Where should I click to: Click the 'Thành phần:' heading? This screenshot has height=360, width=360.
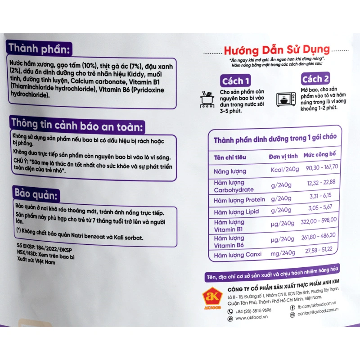coord(39,49)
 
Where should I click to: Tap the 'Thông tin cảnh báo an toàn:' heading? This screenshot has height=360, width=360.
coord(77,126)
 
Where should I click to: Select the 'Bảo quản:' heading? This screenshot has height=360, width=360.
coord(36,194)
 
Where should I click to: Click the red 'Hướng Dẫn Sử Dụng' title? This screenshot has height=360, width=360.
coord(277,50)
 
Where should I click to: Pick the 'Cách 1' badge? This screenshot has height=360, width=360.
coord(235,81)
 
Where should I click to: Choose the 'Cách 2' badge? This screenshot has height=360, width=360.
coord(315,79)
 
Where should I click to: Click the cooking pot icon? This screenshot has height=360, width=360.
coord(207,99)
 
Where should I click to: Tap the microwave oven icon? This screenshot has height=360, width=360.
coord(286,99)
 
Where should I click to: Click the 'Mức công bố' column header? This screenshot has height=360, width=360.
coord(319,154)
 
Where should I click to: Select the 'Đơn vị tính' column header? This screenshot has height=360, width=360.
coord(283,156)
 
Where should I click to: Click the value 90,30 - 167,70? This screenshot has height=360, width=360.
coord(322,167)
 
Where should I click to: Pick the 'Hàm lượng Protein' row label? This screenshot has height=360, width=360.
coord(239,200)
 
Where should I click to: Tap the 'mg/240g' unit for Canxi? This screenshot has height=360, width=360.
coord(283,253)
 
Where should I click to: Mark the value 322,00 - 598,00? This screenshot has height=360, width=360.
coord(319,221)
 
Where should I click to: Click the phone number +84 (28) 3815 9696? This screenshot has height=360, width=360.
coord(253,311)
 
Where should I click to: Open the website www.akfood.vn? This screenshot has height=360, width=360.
coord(252,318)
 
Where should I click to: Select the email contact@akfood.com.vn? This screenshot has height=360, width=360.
coord(318,311)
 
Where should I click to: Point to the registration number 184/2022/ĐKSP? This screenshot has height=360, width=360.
coord(54,248)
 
